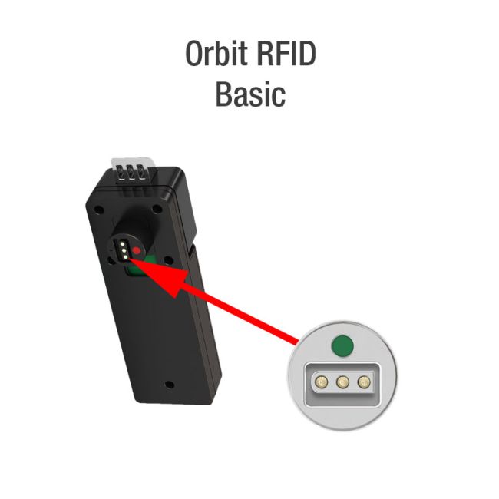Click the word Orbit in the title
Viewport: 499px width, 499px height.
(x=216, y=53)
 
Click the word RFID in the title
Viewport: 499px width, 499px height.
(x=286, y=53)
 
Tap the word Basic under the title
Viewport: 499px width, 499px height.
(x=250, y=94)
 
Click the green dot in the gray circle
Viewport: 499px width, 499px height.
(x=342, y=345)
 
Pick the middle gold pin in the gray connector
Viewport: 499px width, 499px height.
(x=342, y=382)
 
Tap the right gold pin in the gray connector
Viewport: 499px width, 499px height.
(x=364, y=382)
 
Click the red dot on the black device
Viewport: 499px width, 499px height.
(x=137, y=250)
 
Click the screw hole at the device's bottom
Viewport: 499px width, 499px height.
(x=170, y=385)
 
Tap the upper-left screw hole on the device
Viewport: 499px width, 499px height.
(x=99, y=210)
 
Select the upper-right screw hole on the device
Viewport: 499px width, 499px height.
(x=157, y=209)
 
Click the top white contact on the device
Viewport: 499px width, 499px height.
(x=122, y=244)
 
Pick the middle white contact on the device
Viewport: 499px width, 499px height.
(x=124, y=251)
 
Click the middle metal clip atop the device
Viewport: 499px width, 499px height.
(x=131, y=173)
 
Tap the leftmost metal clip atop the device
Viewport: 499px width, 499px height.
(x=121, y=173)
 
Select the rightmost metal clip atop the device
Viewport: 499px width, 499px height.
(x=140, y=173)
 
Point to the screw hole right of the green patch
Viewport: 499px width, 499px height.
(x=167, y=261)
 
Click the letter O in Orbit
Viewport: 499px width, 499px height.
(x=194, y=54)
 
